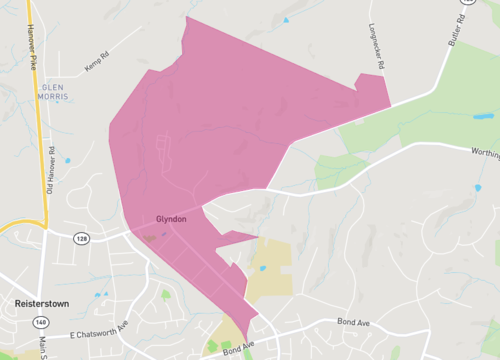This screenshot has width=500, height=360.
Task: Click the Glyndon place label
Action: (x=173, y=219)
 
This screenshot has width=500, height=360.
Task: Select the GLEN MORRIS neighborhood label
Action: (x=53, y=93)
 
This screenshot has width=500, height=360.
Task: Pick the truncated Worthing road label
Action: (x=484, y=151)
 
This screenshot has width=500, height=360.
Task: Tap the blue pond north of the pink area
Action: (x=285, y=20)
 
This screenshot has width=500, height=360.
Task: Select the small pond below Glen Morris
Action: (x=68, y=161)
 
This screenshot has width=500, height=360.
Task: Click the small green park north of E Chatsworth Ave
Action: (x=165, y=295)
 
